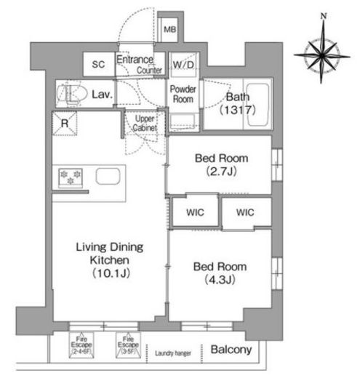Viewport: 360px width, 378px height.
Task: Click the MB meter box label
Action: click(169, 30)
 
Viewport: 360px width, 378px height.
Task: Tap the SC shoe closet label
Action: click(98, 64)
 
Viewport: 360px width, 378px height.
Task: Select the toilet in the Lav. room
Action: click(72, 94)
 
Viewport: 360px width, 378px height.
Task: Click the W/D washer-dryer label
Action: click(183, 65)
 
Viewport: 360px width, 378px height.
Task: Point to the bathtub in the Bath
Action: click(257, 104)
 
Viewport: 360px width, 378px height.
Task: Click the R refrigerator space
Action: click(65, 124)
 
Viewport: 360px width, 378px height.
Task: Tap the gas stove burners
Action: click(71, 178)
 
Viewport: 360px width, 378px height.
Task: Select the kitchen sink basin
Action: click(108, 176)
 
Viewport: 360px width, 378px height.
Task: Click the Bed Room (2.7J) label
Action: click(221, 165)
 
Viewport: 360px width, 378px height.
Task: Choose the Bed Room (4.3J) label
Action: click(220, 273)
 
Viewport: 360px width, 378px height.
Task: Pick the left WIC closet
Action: click(195, 212)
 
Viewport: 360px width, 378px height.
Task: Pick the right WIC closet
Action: click(246, 212)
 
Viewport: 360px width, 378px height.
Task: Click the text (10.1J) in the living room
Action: click(111, 273)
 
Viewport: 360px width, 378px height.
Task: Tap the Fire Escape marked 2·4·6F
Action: click(81, 345)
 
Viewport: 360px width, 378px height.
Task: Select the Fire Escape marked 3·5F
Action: click(128, 345)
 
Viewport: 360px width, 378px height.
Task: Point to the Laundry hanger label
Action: click(173, 353)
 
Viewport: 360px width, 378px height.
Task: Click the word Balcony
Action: click(231, 350)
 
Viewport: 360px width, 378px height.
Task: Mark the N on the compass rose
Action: click(324, 16)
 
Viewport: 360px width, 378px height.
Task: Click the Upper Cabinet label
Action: click(145, 124)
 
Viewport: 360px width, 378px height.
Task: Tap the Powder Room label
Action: click(183, 94)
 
